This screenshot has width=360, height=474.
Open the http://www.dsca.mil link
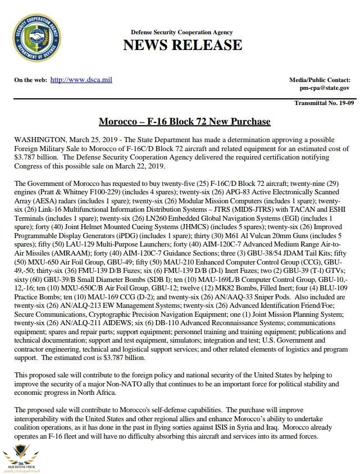pyautogui.click(x=81, y=80)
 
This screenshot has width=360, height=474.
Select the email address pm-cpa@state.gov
pyautogui.click(x=324, y=88)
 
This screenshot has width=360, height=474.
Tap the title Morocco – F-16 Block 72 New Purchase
pyautogui.click(x=184, y=121)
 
